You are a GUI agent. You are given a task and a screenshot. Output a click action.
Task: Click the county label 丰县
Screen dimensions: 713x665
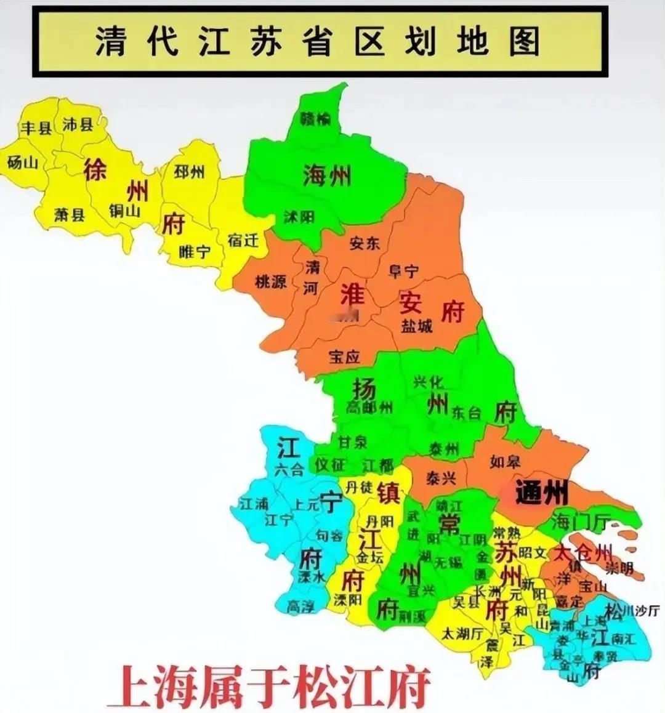point(36,127)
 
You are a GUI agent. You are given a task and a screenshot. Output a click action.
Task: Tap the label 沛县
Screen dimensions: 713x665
point(78,124)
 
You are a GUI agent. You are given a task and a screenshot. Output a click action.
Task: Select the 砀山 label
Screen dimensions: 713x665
point(23,162)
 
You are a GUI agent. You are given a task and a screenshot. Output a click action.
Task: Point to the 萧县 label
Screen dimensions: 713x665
point(69,214)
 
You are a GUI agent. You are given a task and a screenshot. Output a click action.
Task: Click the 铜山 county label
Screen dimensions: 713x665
point(125,211)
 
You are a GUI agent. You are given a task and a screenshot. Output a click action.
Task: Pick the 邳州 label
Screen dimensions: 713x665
point(189,171)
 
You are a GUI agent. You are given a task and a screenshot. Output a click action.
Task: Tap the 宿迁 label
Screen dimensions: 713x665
point(243,240)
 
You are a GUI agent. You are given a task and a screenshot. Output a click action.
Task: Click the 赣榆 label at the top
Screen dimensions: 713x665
point(316,118)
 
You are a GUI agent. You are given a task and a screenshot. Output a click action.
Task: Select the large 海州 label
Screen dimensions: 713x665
point(327,176)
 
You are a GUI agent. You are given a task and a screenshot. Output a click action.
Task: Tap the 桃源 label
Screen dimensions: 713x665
point(271,282)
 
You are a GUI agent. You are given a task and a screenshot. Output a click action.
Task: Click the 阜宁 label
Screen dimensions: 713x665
point(403,270)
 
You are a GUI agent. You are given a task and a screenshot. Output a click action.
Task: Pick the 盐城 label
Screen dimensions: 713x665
point(417,326)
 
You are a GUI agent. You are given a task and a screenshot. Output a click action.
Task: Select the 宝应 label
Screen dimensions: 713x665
point(344,356)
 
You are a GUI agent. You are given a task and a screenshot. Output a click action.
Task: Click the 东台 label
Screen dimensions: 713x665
point(466,413)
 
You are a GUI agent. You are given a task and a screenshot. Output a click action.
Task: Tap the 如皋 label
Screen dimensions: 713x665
point(506,461)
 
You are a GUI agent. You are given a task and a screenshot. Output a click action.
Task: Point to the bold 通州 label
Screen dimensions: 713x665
point(541,493)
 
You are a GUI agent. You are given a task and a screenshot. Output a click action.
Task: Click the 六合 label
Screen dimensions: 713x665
point(289,470)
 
